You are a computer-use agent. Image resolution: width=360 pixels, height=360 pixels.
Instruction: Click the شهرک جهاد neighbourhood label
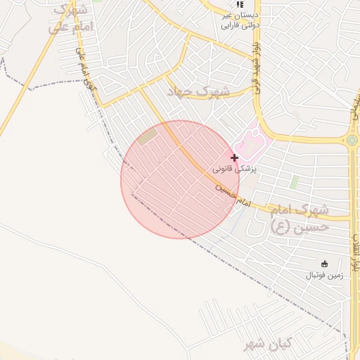click(198, 91)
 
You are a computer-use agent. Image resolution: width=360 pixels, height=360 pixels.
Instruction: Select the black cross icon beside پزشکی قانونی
click(234, 157)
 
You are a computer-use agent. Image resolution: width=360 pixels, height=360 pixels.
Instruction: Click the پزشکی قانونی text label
click(235, 169)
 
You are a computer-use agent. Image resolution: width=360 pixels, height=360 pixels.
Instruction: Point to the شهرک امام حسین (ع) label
click(300, 217)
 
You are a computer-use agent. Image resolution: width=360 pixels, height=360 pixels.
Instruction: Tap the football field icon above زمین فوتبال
click(324, 263)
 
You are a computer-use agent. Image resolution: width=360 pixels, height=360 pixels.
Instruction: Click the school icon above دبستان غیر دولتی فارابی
click(240, 4)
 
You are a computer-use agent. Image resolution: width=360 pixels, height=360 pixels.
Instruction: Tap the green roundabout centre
click(352, 140)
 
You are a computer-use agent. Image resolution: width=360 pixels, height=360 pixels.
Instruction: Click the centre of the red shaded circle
click(180, 179)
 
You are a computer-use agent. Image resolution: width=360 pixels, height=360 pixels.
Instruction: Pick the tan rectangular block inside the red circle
click(148, 138)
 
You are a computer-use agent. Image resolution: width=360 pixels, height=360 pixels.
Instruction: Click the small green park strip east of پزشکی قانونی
click(294, 181)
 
